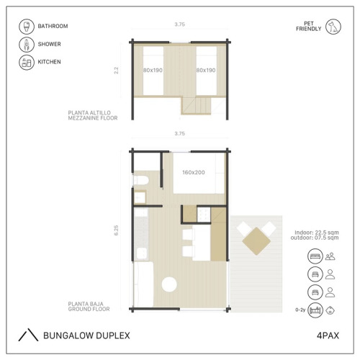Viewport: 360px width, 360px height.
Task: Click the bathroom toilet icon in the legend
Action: coord(27,27)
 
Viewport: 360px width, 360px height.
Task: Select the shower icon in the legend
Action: coord(27,45)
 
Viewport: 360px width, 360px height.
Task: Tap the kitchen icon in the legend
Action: coord(27,62)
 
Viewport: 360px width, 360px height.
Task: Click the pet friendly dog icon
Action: coord(333,27)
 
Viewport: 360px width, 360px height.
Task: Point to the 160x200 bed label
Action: coord(194,172)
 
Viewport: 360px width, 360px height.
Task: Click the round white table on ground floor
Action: coord(169,284)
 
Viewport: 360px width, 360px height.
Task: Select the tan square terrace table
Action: coord(256,241)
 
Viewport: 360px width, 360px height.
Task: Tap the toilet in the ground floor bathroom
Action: coord(141,181)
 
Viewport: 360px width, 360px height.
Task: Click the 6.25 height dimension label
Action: coord(116,230)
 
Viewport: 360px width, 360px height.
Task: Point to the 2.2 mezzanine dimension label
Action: coord(116,71)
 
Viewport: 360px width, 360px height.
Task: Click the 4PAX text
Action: coord(328,336)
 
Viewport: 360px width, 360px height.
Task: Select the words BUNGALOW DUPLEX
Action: coord(86,336)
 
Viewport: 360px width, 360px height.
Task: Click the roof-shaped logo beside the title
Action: coord(28,335)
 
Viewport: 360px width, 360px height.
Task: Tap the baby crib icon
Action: coord(315,310)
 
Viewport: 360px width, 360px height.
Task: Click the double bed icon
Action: coord(315,256)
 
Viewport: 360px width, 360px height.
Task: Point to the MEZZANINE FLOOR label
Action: coord(93,118)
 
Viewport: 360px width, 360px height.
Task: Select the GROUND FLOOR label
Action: coord(89,309)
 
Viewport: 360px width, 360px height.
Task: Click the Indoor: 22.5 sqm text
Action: coord(317,233)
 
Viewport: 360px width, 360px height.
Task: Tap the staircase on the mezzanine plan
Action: coord(196,105)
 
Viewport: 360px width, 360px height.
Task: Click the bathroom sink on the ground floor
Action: coord(140,197)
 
